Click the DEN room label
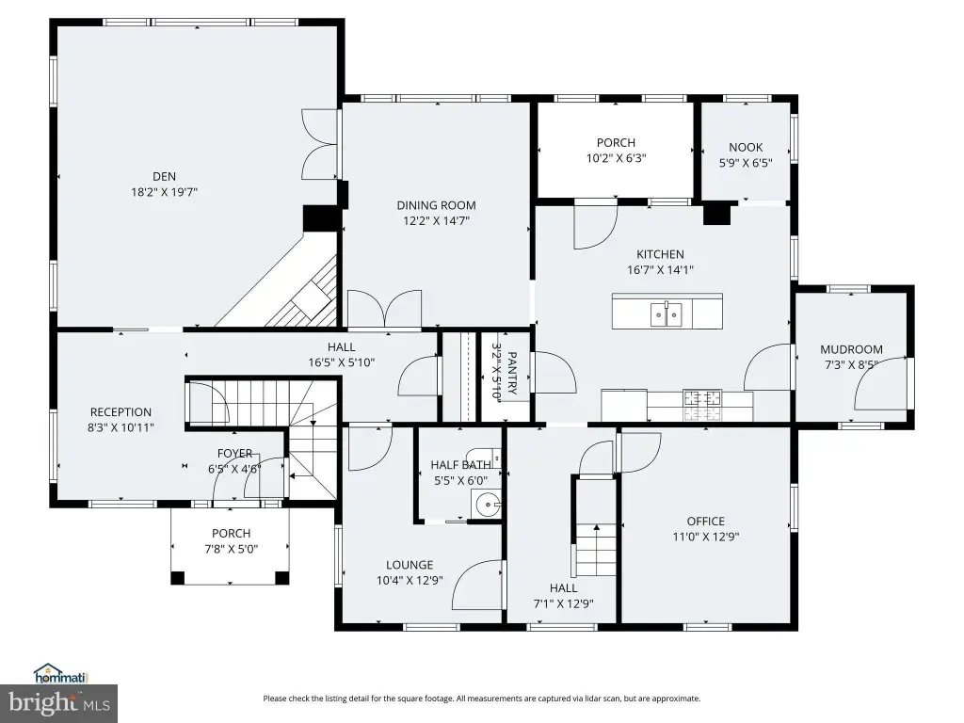[164, 176]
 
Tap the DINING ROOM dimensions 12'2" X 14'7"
[436, 220]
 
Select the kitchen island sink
[667, 314]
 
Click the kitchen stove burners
[702, 405]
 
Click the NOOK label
[746, 147]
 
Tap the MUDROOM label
[851, 349]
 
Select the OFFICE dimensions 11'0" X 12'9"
[706, 537]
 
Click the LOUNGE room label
[410, 565]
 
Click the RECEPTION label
[120, 412]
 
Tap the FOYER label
[234, 453]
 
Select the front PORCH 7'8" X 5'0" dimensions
[232, 549]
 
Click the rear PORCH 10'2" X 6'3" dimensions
[616, 158]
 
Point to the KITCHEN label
[660, 254]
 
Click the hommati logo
[61, 673]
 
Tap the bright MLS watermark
[59, 703]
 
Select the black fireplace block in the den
[321, 218]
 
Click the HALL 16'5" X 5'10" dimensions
[341, 362]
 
